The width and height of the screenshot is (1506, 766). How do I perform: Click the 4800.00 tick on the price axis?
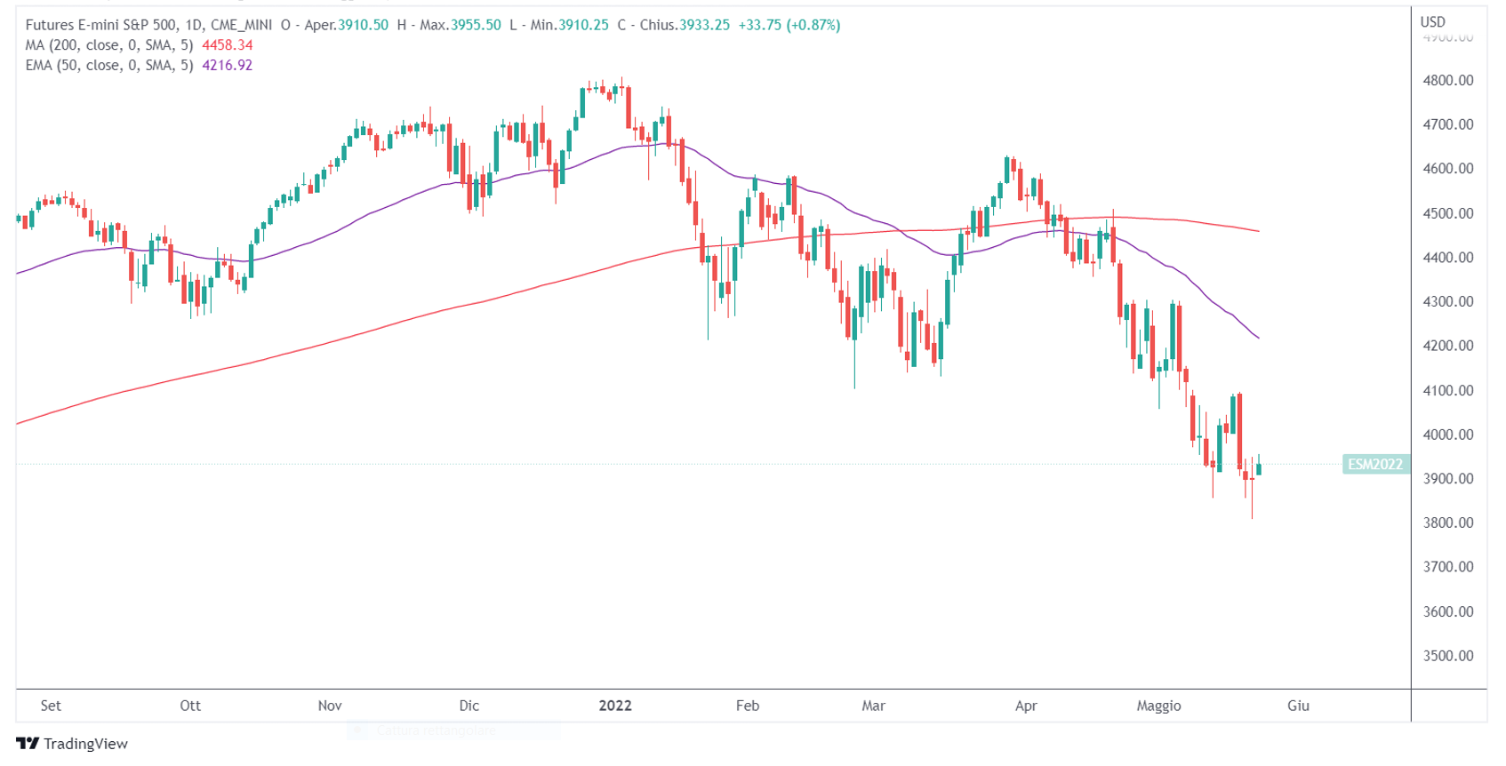click(1447, 80)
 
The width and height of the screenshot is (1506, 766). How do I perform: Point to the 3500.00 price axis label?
click(1447, 656)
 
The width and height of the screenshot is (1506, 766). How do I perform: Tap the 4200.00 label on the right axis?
click(1447, 346)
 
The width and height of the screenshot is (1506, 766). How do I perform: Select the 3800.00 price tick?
click(1447, 523)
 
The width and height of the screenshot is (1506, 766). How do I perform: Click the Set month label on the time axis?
click(51, 706)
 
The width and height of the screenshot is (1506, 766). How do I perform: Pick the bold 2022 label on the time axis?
click(614, 706)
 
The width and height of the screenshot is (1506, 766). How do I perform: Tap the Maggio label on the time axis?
click(1158, 706)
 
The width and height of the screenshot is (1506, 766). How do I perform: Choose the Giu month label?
click(1298, 706)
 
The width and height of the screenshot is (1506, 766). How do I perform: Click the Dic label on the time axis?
click(469, 706)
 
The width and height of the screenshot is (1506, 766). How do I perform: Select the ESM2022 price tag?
click(1374, 464)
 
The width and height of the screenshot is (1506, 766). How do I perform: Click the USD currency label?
click(1432, 21)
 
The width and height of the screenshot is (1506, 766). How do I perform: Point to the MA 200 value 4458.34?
click(228, 45)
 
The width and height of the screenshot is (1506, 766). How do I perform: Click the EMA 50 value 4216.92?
click(228, 65)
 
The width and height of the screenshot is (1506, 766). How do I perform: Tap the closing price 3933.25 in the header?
click(704, 25)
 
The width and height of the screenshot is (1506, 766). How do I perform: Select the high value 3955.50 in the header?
click(476, 25)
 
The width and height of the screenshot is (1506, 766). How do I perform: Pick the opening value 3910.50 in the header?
click(363, 25)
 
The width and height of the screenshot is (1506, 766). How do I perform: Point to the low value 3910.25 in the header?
click(583, 25)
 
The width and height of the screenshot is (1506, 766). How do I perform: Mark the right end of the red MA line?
click(1258, 231)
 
